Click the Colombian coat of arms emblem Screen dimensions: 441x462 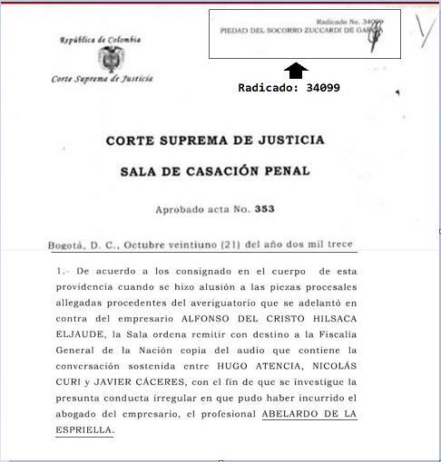point(111,60)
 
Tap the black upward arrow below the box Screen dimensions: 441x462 point(297,71)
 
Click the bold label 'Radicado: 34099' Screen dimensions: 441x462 point(289,89)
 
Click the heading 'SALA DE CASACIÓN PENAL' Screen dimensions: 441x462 point(215,170)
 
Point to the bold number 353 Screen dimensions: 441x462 point(264,210)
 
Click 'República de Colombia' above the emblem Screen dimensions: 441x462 point(100,40)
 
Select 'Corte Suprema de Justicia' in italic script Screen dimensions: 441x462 point(103,80)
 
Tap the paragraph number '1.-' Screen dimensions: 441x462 point(64,272)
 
